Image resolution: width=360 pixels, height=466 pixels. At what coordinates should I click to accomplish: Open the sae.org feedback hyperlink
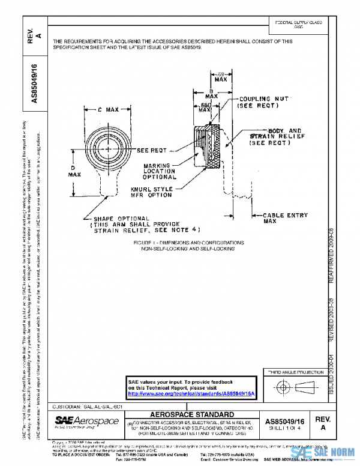click(x=192, y=393)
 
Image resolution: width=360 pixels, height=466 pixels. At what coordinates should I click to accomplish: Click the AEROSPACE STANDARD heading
click(x=192, y=415)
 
